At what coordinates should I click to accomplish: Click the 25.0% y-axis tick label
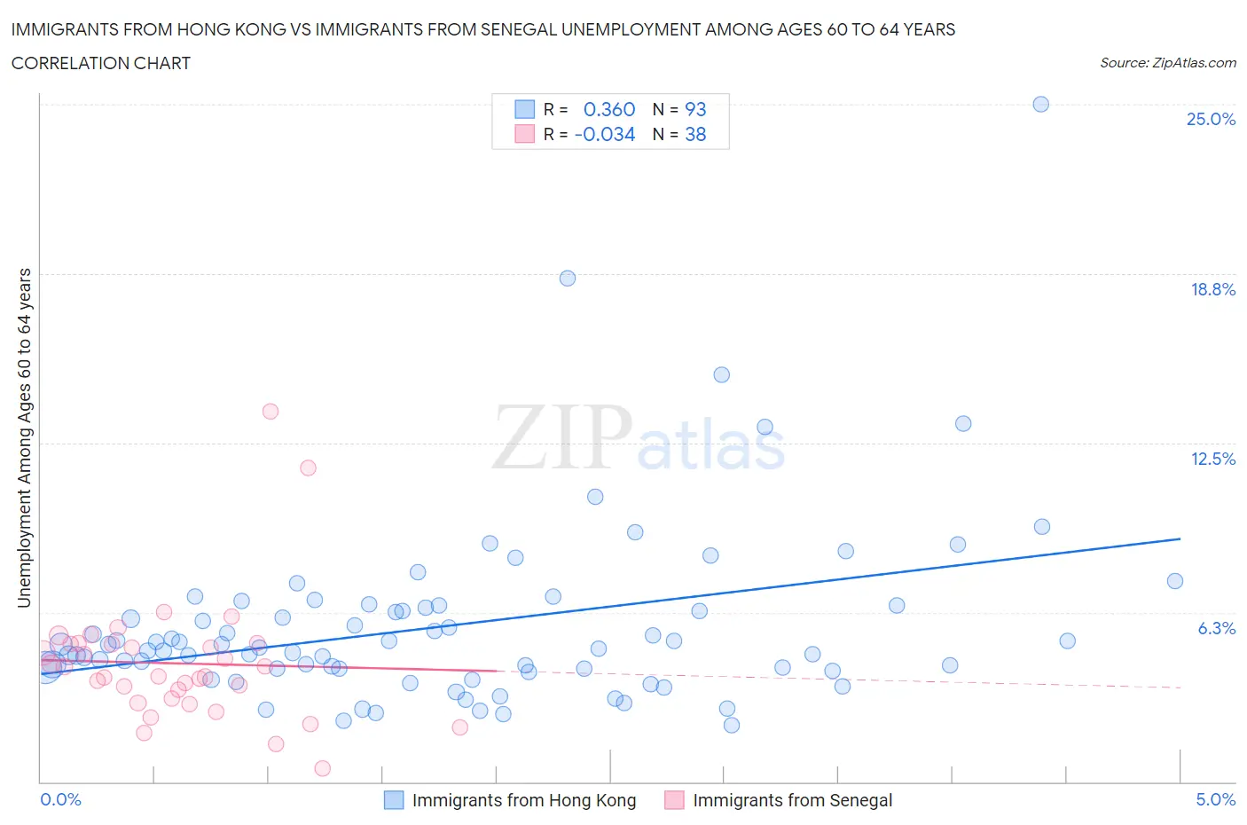(1211, 120)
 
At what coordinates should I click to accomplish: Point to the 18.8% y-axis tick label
(1212, 289)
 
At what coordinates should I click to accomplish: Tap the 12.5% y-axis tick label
(1212, 459)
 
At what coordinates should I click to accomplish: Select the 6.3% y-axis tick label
(1216, 628)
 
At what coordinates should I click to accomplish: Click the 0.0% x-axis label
(60, 799)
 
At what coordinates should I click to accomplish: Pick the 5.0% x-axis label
(1215, 799)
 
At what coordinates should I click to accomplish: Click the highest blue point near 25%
(1041, 104)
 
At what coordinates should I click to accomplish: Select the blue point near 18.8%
(568, 279)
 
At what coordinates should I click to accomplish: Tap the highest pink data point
(271, 412)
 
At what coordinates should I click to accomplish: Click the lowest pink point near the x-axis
(323, 768)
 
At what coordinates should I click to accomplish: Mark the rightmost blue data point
(1175, 581)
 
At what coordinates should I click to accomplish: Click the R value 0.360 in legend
(609, 109)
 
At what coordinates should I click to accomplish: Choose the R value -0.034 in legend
(605, 134)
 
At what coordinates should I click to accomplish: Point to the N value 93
(695, 109)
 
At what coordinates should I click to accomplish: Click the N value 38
(695, 134)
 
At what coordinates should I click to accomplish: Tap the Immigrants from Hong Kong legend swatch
(393, 800)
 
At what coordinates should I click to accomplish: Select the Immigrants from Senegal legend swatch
(674, 800)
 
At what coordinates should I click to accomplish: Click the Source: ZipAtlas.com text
(1167, 63)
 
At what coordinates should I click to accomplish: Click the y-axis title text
(24, 437)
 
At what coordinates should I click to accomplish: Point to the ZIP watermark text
(562, 436)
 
